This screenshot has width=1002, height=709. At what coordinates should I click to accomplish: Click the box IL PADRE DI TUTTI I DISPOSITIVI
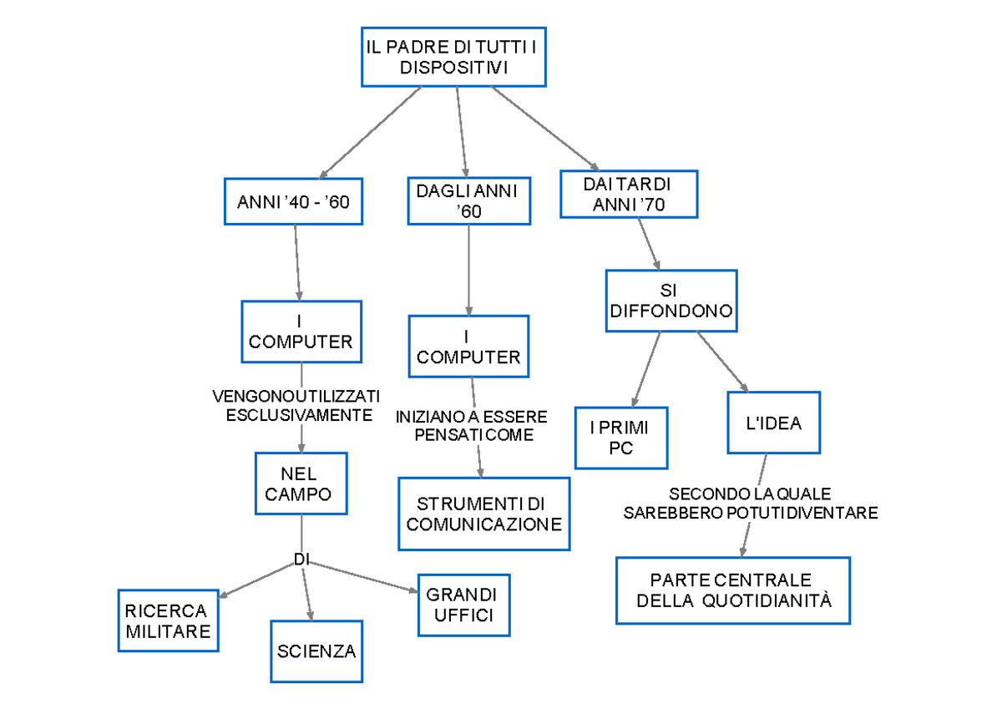coord(453,56)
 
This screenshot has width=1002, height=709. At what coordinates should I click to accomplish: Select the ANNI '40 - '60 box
coord(293,202)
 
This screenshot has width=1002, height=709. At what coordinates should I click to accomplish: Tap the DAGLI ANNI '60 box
coord(468,201)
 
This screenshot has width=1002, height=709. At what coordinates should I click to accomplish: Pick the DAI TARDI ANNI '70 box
coord(628,195)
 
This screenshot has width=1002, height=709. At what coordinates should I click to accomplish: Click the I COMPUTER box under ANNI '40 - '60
coord(301,332)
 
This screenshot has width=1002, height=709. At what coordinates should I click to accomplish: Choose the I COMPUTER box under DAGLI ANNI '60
coord(468,347)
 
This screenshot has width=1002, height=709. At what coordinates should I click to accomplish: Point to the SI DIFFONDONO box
coord(671,301)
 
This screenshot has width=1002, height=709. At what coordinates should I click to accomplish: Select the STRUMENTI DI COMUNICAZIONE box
coord(483,514)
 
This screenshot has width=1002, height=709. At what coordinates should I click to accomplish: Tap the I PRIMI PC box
coord(620,438)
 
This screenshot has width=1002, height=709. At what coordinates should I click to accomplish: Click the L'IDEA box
coord(773,423)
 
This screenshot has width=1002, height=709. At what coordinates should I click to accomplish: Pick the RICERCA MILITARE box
coord(168,620)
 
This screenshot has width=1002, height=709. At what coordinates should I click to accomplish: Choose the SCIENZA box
coord(316,651)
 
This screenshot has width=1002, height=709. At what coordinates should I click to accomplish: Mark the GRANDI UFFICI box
coord(461,605)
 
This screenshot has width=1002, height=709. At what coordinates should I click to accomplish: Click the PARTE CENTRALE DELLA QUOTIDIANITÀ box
coord(732,590)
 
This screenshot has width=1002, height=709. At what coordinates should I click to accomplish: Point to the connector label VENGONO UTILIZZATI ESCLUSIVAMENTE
coord(296,405)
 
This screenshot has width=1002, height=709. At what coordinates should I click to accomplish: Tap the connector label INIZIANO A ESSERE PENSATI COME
coord(472,425)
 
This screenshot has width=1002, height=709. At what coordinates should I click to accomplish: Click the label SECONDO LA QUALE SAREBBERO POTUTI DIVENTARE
coord(750,504)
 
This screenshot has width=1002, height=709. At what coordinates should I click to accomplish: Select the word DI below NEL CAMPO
coord(301,560)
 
